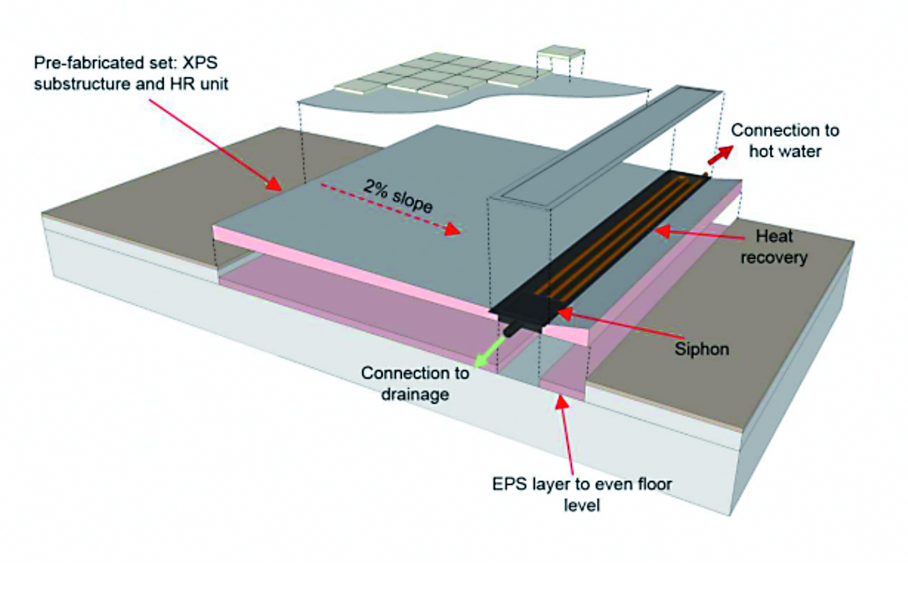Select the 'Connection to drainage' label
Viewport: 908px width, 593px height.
tap(415, 383)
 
